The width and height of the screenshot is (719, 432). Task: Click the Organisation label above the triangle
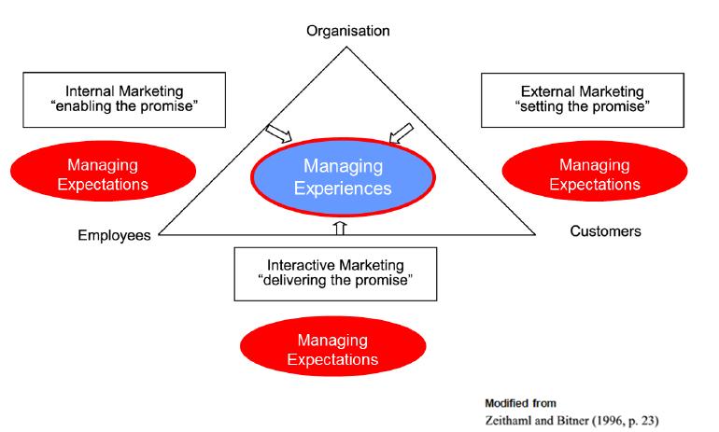[x=348, y=31]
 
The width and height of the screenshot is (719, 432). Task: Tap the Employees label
[x=114, y=235]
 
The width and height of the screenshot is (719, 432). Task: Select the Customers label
[x=605, y=231]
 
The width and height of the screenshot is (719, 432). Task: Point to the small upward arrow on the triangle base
[x=340, y=229]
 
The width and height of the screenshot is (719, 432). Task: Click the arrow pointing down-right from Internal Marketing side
[x=279, y=133]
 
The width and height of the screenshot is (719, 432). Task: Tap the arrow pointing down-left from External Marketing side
[x=402, y=133]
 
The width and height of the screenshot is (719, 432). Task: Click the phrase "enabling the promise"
[x=124, y=106]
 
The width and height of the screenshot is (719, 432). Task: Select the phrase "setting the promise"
[x=583, y=106]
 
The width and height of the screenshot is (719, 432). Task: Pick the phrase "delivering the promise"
[x=335, y=280]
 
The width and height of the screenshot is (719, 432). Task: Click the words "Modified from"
[x=520, y=404]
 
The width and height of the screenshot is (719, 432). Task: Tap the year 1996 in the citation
[x=610, y=421]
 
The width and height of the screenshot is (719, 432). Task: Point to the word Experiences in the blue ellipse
[x=343, y=188]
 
